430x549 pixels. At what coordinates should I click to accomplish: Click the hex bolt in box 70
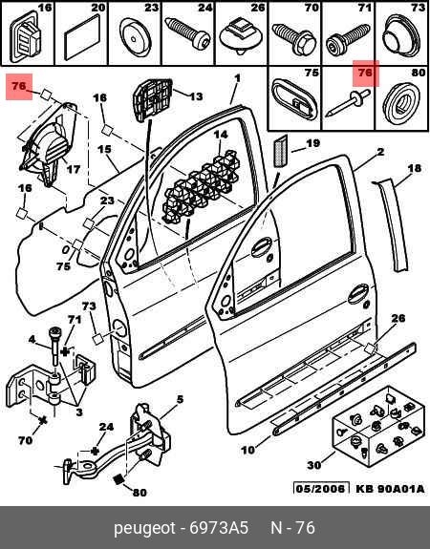(x=293, y=39)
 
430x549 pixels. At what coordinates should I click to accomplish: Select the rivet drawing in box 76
(x=348, y=102)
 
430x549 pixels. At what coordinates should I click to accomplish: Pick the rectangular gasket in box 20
(x=81, y=42)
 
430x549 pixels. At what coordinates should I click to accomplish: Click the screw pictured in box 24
(x=188, y=34)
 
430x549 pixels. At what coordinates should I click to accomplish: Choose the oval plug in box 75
(x=294, y=99)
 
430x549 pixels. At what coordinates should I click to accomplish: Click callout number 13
(x=196, y=95)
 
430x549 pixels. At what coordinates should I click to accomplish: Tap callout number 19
(x=312, y=143)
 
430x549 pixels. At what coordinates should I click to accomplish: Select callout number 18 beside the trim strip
(x=415, y=168)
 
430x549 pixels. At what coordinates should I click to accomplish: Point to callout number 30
(x=314, y=465)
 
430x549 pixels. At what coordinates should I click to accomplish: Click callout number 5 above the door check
(x=180, y=399)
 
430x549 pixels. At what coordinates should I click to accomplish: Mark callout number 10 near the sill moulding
(x=248, y=450)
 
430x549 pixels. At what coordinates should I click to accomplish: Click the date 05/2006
(x=321, y=489)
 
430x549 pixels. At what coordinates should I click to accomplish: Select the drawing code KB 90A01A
(x=390, y=489)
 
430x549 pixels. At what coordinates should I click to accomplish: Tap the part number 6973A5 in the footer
(x=219, y=528)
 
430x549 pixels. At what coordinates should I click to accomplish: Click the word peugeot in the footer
(x=144, y=528)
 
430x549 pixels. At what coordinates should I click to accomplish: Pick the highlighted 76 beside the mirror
(x=19, y=86)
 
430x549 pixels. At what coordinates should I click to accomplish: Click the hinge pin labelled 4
(x=55, y=346)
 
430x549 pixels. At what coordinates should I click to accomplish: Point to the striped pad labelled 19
(x=280, y=151)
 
